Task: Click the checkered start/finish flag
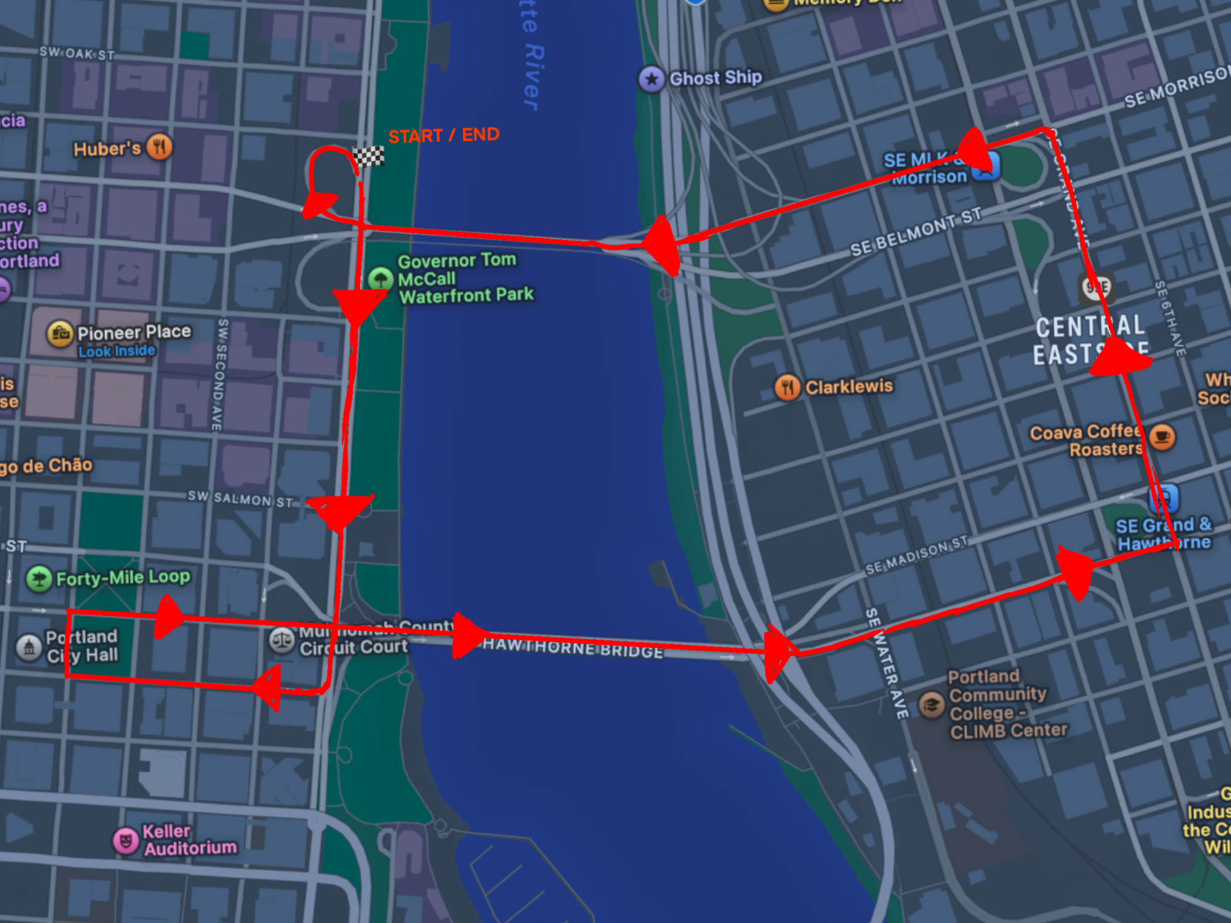click(368, 157)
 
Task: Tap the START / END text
click(444, 135)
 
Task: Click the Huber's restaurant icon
click(159, 147)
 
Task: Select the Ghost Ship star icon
click(651, 79)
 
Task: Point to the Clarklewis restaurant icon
click(787, 387)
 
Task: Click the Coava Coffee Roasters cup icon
click(1161, 437)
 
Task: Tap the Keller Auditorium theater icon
click(126, 840)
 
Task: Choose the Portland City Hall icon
click(29, 647)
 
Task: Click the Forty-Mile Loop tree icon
click(39, 578)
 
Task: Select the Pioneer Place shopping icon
click(60, 334)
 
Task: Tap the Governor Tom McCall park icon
click(380, 279)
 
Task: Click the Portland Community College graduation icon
click(931, 705)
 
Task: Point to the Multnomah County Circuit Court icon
click(282, 640)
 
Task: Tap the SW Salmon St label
click(241, 498)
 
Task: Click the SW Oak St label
click(77, 54)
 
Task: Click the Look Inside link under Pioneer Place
click(117, 351)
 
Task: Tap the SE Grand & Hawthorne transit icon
click(1165, 498)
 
